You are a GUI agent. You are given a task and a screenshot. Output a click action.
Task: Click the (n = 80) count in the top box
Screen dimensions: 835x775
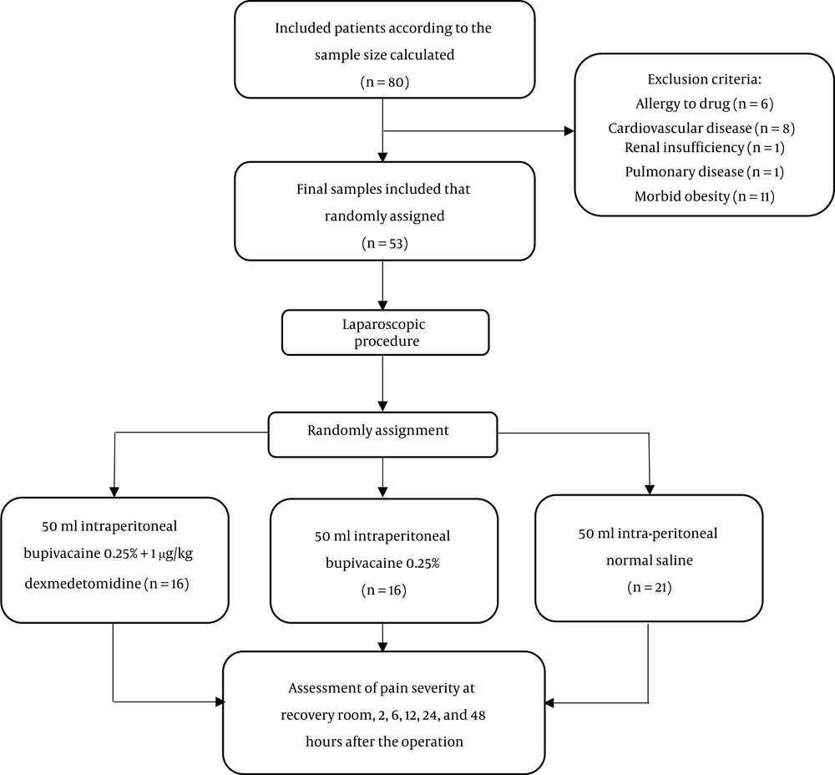384,82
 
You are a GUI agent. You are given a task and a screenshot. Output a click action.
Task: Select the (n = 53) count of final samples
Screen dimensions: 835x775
384,243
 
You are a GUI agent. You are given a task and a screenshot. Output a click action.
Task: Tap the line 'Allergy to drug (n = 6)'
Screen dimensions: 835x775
704,104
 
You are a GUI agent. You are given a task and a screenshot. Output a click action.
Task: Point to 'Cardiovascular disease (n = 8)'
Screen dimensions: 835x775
701,128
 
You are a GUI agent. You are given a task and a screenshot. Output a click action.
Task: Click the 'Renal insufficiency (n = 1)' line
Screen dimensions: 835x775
705,147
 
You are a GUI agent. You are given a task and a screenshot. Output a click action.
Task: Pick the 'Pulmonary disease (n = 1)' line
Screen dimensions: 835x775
705,171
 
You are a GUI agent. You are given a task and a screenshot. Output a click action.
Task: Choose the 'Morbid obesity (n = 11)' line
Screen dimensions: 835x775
704,196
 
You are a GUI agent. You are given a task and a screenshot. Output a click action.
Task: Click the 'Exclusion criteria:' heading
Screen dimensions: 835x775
704,79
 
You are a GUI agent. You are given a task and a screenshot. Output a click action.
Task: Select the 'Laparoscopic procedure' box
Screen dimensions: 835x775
385,332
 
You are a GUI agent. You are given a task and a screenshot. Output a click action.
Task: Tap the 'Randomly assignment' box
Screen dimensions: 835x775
382,434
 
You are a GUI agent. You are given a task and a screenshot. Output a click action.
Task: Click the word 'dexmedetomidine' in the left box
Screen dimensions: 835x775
83,584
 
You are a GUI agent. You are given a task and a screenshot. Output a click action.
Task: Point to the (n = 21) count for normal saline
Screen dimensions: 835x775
649,587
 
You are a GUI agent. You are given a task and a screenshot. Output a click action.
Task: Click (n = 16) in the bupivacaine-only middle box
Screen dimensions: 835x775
383,590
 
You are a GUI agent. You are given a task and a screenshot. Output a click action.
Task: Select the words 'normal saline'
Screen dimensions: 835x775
649,560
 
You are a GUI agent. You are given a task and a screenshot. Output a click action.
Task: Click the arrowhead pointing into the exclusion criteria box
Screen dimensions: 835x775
569,131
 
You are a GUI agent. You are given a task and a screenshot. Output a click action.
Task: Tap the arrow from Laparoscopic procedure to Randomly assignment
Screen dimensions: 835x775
382,383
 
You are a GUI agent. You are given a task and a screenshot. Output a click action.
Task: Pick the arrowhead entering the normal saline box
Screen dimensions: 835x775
649,489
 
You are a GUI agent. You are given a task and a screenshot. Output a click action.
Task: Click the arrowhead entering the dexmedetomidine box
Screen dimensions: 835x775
114,492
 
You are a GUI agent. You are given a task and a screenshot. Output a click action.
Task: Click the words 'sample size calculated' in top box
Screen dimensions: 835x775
384,55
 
